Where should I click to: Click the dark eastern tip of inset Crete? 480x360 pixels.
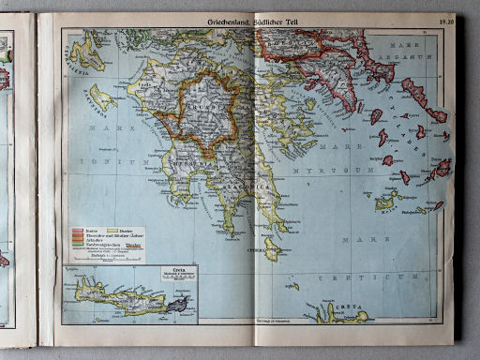tap(177, 305)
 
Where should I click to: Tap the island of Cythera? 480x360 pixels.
tap(272, 247)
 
